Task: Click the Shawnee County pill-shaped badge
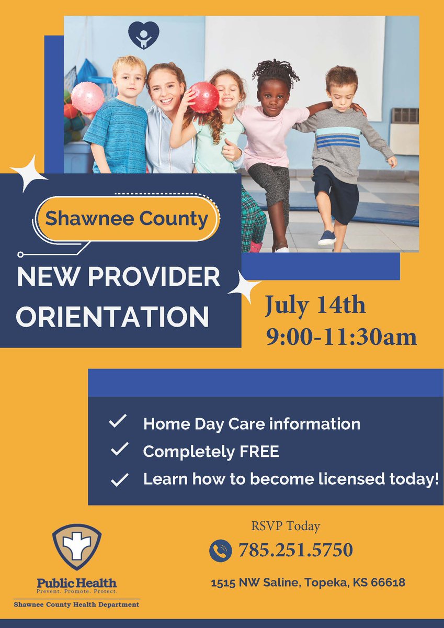click(x=127, y=218)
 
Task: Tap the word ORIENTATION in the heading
click(x=112, y=317)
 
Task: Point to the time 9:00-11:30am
click(x=341, y=337)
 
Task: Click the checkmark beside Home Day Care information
click(x=118, y=422)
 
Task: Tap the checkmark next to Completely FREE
click(x=120, y=449)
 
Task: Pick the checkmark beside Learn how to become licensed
click(x=120, y=479)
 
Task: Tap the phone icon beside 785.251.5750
click(x=220, y=551)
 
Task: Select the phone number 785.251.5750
click(x=295, y=550)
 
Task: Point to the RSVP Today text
click(x=285, y=526)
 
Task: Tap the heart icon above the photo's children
click(x=143, y=35)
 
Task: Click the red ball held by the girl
click(x=204, y=97)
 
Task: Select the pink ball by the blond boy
click(x=87, y=97)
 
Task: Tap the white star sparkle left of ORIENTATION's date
click(x=244, y=287)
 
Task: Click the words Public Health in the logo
click(x=76, y=582)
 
